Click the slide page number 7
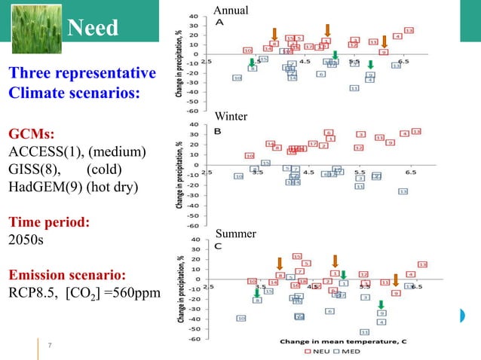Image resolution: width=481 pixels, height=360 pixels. click(49, 346)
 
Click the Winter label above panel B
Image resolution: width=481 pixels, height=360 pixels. click(230, 117)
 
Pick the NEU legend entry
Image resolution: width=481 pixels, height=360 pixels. click(317, 351)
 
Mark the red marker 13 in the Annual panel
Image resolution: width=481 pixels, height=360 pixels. click(409, 30)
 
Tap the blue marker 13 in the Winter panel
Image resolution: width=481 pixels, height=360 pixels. click(403, 191)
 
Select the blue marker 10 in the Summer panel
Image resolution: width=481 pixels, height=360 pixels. click(241, 318)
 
